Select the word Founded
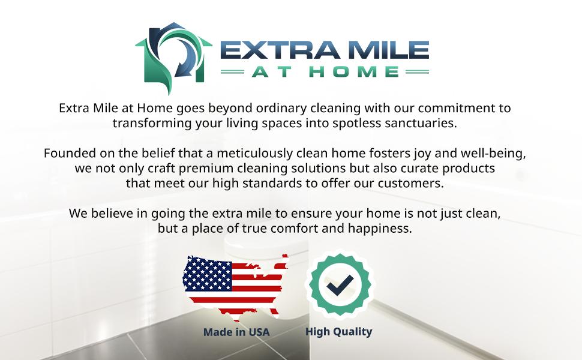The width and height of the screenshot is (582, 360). [68, 153]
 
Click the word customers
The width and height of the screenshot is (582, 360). [411, 184]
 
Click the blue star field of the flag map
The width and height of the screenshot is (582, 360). [208, 274]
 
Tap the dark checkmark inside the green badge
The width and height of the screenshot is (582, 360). [340, 285]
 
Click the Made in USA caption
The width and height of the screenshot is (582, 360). [236, 332]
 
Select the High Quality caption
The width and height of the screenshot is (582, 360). [339, 332]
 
